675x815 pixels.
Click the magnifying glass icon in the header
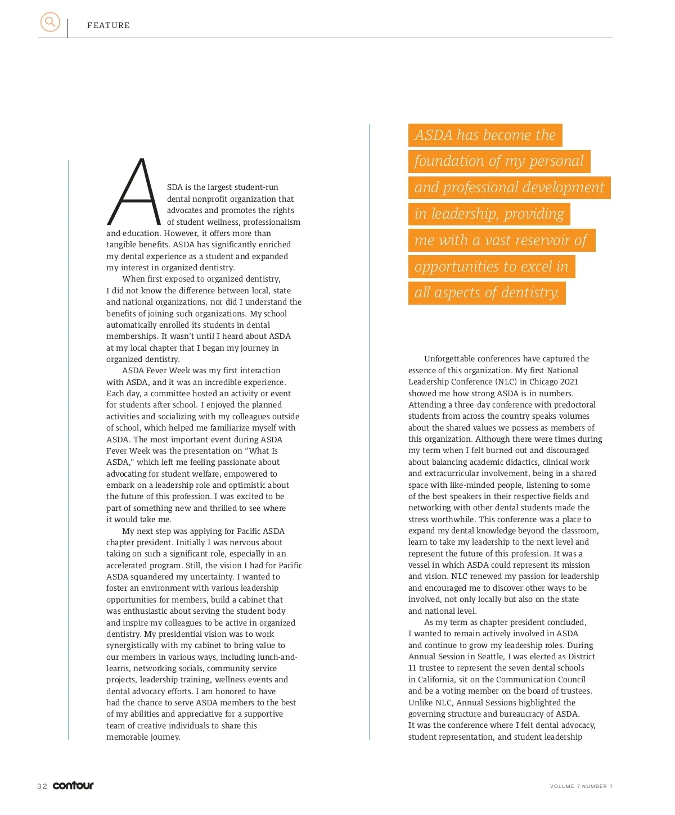(x=50, y=22)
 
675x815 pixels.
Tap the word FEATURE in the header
(x=109, y=25)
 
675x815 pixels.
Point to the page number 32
(x=42, y=786)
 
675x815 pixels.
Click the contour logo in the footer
(x=73, y=785)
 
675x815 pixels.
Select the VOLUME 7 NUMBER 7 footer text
(x=581, y=786)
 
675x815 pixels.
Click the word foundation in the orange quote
(x=449, y=161)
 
